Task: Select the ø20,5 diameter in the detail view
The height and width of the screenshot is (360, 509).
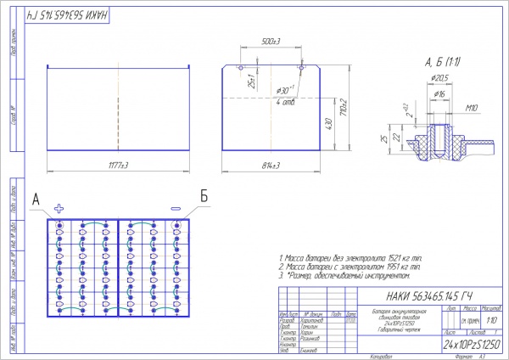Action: [439, 78]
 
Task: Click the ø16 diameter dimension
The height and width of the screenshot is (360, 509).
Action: [439, 94]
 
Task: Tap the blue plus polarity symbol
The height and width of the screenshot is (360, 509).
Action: [59, 208]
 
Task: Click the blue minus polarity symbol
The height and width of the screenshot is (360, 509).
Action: [176, 208]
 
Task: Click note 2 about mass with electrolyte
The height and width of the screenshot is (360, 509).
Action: [350, 266]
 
